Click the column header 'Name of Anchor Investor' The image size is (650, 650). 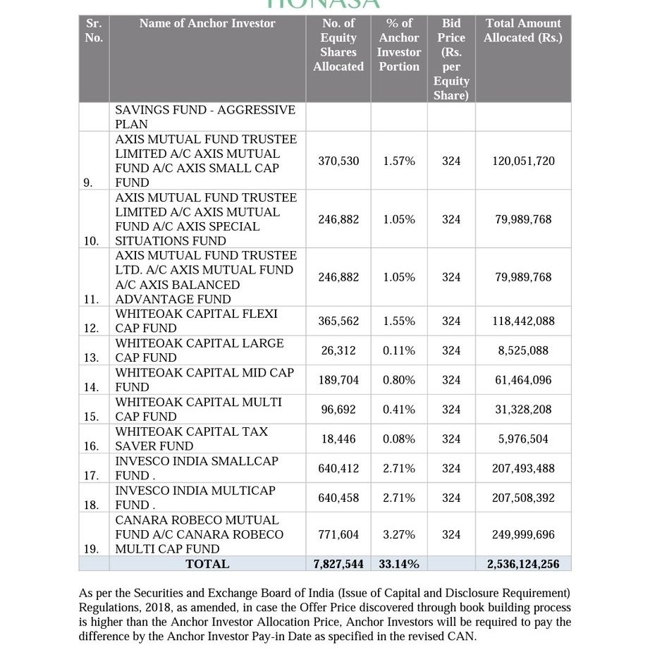pyautogui.click(x=207, y=23)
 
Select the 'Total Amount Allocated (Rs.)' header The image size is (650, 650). pyautogui.click(x=522, y=30)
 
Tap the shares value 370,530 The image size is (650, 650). pyautogui.click(x=338, y=161)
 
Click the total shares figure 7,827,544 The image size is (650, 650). pyautogui.click(x=338, y=564)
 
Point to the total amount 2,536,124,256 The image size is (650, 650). pyautogui.click(x=522, y=564)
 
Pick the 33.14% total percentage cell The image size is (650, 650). pyautogui.click(x=399, y=564)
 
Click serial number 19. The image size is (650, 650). pyautogui.click(x=91, y=549)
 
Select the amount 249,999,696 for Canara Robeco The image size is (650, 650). pyautogui.click(x=522, y=535)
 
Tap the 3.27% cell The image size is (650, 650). pyautogui.click(x=399, y=535)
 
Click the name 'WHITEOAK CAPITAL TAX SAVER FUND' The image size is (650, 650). pyautogui.click(x=191, y=439)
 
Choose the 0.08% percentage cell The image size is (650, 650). pyautogui.click(x=399, y=439)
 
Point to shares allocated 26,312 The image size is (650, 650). pyautogui.click(x=338, y=350)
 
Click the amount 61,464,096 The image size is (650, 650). pyautogui.click(x=522, y=380)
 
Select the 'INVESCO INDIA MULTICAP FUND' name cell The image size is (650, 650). pyautogui.click(x=195, y=497)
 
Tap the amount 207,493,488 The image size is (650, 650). pyautogui.click(x=522, y=468)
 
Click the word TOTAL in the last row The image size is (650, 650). pyautogui.click(x=207, y=564)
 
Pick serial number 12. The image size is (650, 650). pyautogui.click(x=91, y=329)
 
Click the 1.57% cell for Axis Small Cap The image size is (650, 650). pyautogui.click(x=399, y=161)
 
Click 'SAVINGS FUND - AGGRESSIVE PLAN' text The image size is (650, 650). pyautogui.click(x=205, y=117)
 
